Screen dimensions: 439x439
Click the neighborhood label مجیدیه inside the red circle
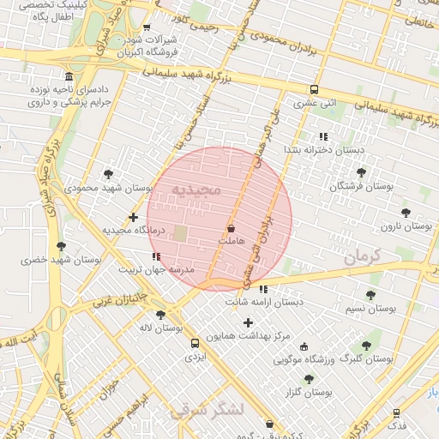pos(196,188)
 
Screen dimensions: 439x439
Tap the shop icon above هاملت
pos(231,229)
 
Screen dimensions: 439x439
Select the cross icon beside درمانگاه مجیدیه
pos(133,217)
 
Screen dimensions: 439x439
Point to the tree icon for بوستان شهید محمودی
pos(108,174)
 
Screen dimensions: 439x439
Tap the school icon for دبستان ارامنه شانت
pos(262,289)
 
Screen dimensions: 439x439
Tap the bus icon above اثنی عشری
pos(315,89)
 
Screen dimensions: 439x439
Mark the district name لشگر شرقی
pos(207,410)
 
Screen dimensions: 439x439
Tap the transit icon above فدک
pos(396,413)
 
